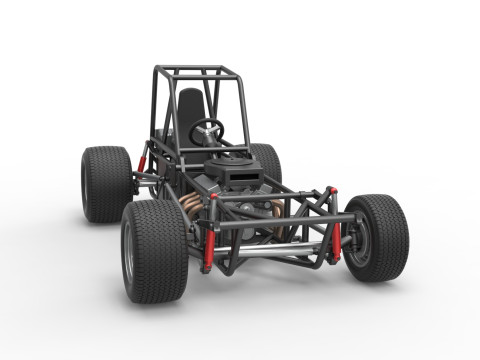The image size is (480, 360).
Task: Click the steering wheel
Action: [207, 128]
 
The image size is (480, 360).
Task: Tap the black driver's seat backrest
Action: [189, 110]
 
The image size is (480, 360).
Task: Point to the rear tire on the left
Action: [104, 184]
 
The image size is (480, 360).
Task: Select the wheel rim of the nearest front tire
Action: [128, 258]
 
